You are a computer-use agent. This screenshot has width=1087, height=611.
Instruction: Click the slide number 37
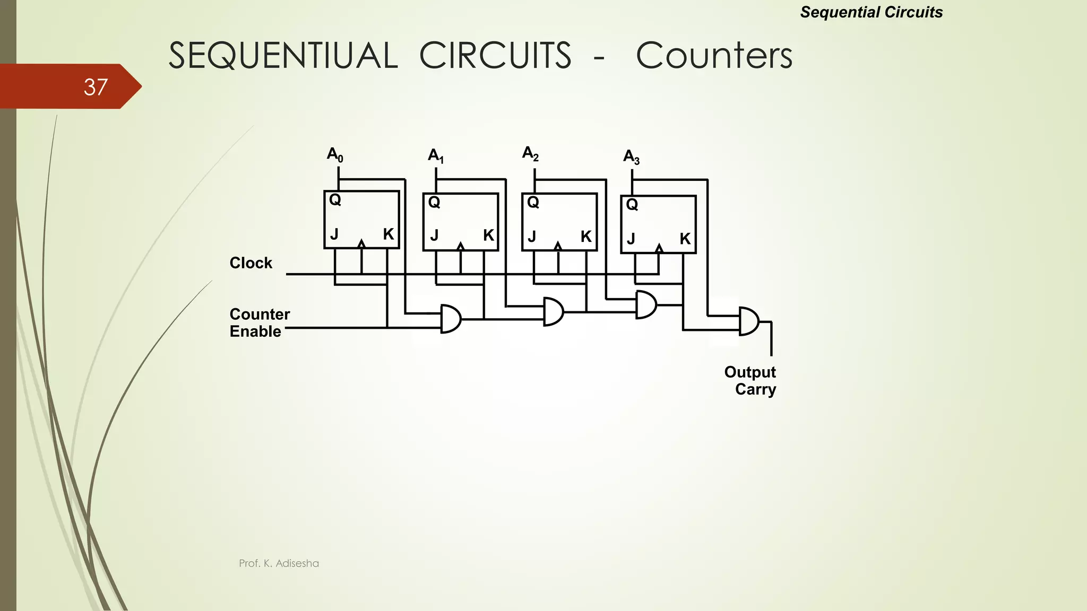coord(96,87)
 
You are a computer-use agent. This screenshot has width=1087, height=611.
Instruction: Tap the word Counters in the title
coord(714,56)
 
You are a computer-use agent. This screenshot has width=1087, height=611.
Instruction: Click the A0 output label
coord(335,154)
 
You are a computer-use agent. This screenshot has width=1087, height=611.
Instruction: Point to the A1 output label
coord(436,155)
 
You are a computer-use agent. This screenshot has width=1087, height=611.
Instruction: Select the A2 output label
coord(530,153)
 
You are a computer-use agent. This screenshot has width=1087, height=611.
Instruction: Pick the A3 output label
coord(631,157)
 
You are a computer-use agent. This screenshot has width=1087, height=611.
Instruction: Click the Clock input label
coord(251,263)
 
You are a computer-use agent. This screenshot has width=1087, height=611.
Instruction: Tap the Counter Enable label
coord(260,322)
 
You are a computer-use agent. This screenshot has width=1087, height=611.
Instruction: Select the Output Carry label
coord(750,380)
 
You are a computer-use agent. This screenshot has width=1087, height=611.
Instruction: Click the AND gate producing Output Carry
coord(748,321)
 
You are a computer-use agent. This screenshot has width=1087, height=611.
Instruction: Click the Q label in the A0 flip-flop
coord(335,200)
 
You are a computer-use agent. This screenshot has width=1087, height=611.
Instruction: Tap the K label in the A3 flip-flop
coord(685,239)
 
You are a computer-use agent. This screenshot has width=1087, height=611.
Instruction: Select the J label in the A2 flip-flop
coord(532,237)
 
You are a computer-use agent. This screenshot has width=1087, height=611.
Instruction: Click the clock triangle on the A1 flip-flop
coord(461,246)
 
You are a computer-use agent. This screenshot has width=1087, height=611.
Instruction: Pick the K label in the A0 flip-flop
coord(389,234)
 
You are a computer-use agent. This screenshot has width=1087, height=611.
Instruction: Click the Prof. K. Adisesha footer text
coord(279,563)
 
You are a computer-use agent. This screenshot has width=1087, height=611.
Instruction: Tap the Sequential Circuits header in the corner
coord(871,12)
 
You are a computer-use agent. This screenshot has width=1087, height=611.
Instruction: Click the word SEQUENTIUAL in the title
coord(283,56)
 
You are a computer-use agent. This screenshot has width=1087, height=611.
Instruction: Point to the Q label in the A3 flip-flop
coord(632,204)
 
